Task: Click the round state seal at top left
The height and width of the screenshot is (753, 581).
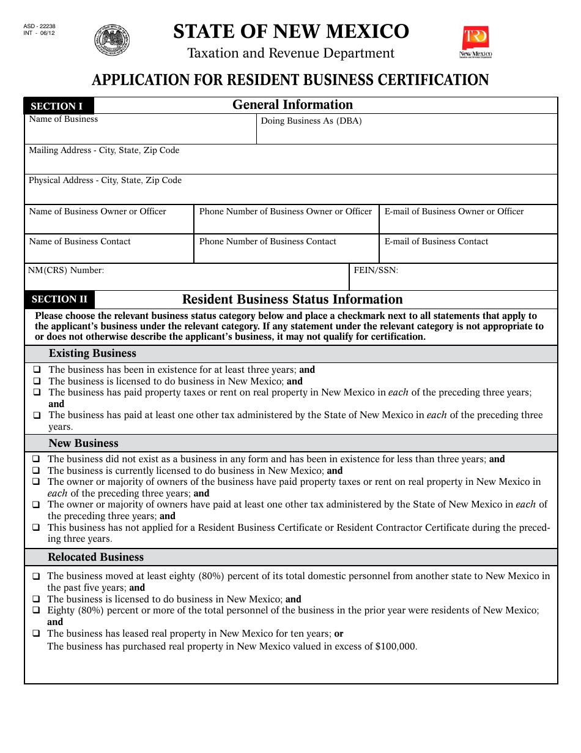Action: (112, 40)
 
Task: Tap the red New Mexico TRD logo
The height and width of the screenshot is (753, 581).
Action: (476, 42)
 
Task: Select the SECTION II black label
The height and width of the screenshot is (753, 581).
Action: (59, 299)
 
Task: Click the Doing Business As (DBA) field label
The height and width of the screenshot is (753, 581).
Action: (311, 121)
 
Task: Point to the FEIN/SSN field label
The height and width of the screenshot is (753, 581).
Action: (376, 270)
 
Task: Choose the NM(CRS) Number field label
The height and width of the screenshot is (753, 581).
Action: (66, 270)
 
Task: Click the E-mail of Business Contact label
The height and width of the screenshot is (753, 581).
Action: (436, 242)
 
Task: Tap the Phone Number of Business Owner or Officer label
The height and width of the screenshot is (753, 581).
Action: (285, 212)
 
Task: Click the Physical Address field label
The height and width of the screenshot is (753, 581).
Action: (105, 181)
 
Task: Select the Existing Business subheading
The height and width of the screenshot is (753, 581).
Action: (92, 354)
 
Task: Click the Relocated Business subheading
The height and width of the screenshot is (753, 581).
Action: (95, 557)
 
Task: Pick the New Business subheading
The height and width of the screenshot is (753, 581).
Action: (83, 443)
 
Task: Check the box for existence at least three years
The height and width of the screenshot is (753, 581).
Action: (37, 370)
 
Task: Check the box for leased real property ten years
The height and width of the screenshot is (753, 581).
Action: (36, 634)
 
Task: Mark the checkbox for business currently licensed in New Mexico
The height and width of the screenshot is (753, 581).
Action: (36, 471)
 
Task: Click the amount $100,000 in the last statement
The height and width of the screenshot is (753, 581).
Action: (396, 646)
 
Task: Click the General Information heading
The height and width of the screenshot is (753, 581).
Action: (292, 105)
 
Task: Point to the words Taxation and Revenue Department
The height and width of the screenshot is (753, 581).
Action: (290, 53)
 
